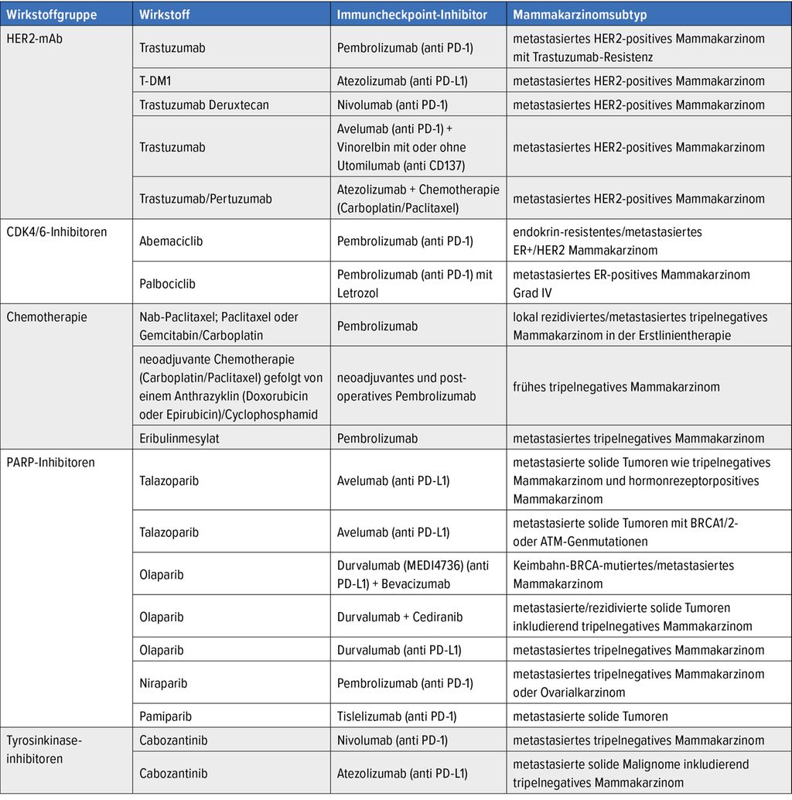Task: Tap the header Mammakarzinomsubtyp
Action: [580, 15]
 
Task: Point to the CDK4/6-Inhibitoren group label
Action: [56, 231]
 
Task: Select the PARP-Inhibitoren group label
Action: [50, 462]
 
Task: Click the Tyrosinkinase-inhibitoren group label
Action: [44, 749]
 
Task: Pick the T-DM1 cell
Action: [157, 81]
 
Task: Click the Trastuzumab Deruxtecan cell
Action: [204, 104]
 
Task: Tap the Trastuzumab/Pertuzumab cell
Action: [206, 199]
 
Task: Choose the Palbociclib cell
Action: [167, 283]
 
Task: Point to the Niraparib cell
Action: [163, 683]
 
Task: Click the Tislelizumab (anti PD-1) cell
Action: [397, 716]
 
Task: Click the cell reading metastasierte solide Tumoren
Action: [590, 716]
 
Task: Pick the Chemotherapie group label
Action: [46, 316]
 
